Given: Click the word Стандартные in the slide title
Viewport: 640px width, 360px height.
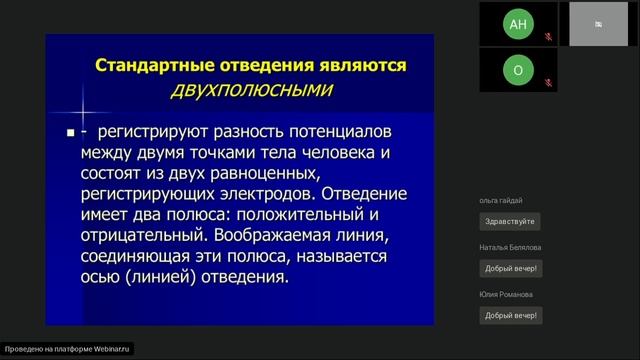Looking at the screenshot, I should (149, 66).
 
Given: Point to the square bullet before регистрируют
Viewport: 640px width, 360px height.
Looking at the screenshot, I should (70, 133).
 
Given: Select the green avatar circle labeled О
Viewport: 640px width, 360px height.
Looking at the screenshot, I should (516, 71).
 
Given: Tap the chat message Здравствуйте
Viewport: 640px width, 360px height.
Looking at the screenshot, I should (510, 221).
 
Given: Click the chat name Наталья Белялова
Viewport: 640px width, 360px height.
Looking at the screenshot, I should (511, 247).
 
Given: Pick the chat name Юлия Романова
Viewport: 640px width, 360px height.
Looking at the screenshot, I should (505, 294).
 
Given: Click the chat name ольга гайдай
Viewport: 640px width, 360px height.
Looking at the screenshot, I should (502, 201).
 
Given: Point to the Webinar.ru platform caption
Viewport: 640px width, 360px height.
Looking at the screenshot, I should (69, 349).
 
